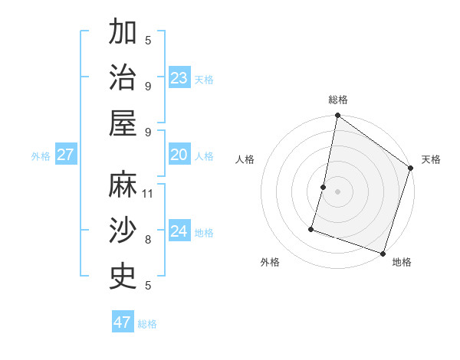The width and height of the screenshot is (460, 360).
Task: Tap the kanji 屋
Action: [x=123, y=123]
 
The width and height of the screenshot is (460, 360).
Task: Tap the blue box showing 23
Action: [x=179, y=78]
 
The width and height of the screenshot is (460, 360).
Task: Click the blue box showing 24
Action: [x=179, y=231]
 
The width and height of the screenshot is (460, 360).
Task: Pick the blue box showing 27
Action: [x=65, y=155]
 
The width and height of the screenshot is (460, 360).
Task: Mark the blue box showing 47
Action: [x=123, y=322]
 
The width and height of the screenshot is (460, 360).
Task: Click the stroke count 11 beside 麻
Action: [x=148, y=193]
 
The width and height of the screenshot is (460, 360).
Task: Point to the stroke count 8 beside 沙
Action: [x=148, y=239]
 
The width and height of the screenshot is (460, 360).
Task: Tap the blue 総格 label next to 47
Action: [x=147, y=324]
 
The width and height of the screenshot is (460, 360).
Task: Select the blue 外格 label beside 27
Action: [x=41, y=156]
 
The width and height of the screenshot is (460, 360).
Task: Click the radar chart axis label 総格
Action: [x=338, y=100]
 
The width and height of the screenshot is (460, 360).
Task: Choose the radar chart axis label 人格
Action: [x=245, y=159]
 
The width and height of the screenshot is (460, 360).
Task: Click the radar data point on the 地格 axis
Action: [x=383, y=253]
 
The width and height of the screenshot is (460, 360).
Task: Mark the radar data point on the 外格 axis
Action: [x=312, y=228]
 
